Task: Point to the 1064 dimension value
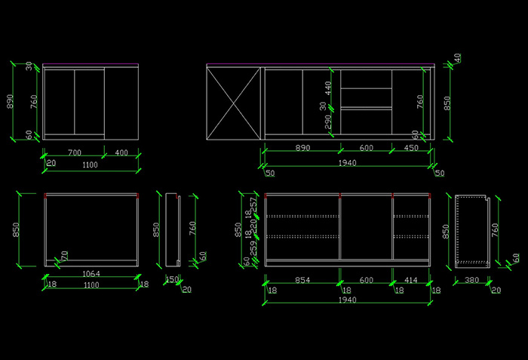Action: point(91,273)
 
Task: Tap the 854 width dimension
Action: point(302,280)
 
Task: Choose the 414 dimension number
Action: point(411,280)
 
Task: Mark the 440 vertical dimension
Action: point(328,88)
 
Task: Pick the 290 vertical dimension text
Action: point(328,122)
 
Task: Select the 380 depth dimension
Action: point(472,280)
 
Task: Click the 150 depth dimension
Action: point(171,280)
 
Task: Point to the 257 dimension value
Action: point(253,203)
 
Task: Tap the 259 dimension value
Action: point(253,247)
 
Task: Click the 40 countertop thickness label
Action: point(457,58)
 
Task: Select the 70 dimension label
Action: point(65,256)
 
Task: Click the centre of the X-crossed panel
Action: point(233,103)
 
